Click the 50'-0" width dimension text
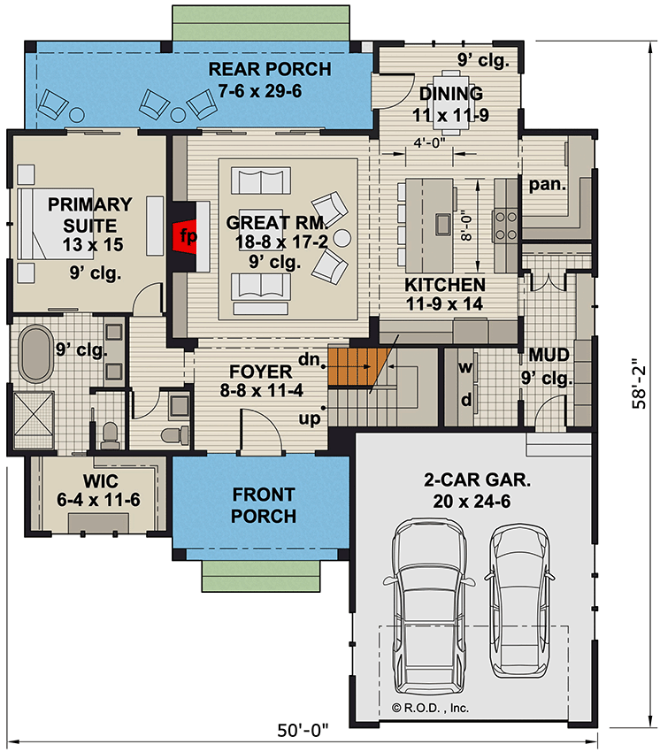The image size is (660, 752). [302, 730]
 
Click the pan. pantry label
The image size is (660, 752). [549, 184]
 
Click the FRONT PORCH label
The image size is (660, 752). [264, 504]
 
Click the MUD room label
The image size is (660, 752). [549, 356]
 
